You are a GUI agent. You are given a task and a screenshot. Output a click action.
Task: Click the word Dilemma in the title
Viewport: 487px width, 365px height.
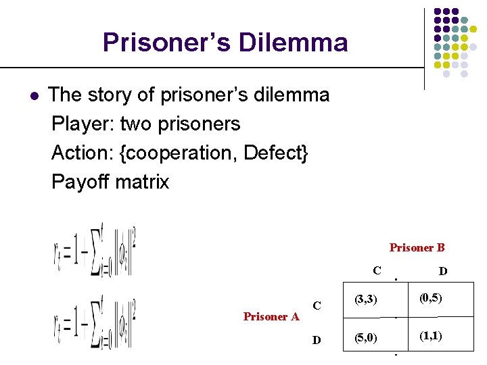point(298,43)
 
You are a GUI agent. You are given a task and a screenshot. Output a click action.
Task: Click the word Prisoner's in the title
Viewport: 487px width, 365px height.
point(169,43)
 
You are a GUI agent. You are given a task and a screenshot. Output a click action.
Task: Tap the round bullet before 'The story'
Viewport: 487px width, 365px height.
point(34,95)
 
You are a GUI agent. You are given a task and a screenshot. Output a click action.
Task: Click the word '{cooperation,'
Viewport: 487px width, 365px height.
point(178,153)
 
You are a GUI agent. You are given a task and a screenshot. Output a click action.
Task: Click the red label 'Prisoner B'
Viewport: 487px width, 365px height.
point(417,247)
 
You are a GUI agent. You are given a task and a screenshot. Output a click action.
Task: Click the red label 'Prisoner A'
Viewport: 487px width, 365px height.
point(271,316)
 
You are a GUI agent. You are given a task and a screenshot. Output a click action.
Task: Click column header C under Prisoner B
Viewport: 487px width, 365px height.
point(377,270)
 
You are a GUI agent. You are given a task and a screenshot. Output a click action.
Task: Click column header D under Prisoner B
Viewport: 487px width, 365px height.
point(442,271)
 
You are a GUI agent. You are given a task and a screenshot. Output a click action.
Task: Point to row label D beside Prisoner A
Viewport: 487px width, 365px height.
point(316,339)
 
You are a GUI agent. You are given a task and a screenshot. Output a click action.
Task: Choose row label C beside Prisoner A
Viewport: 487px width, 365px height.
point(317,306)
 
